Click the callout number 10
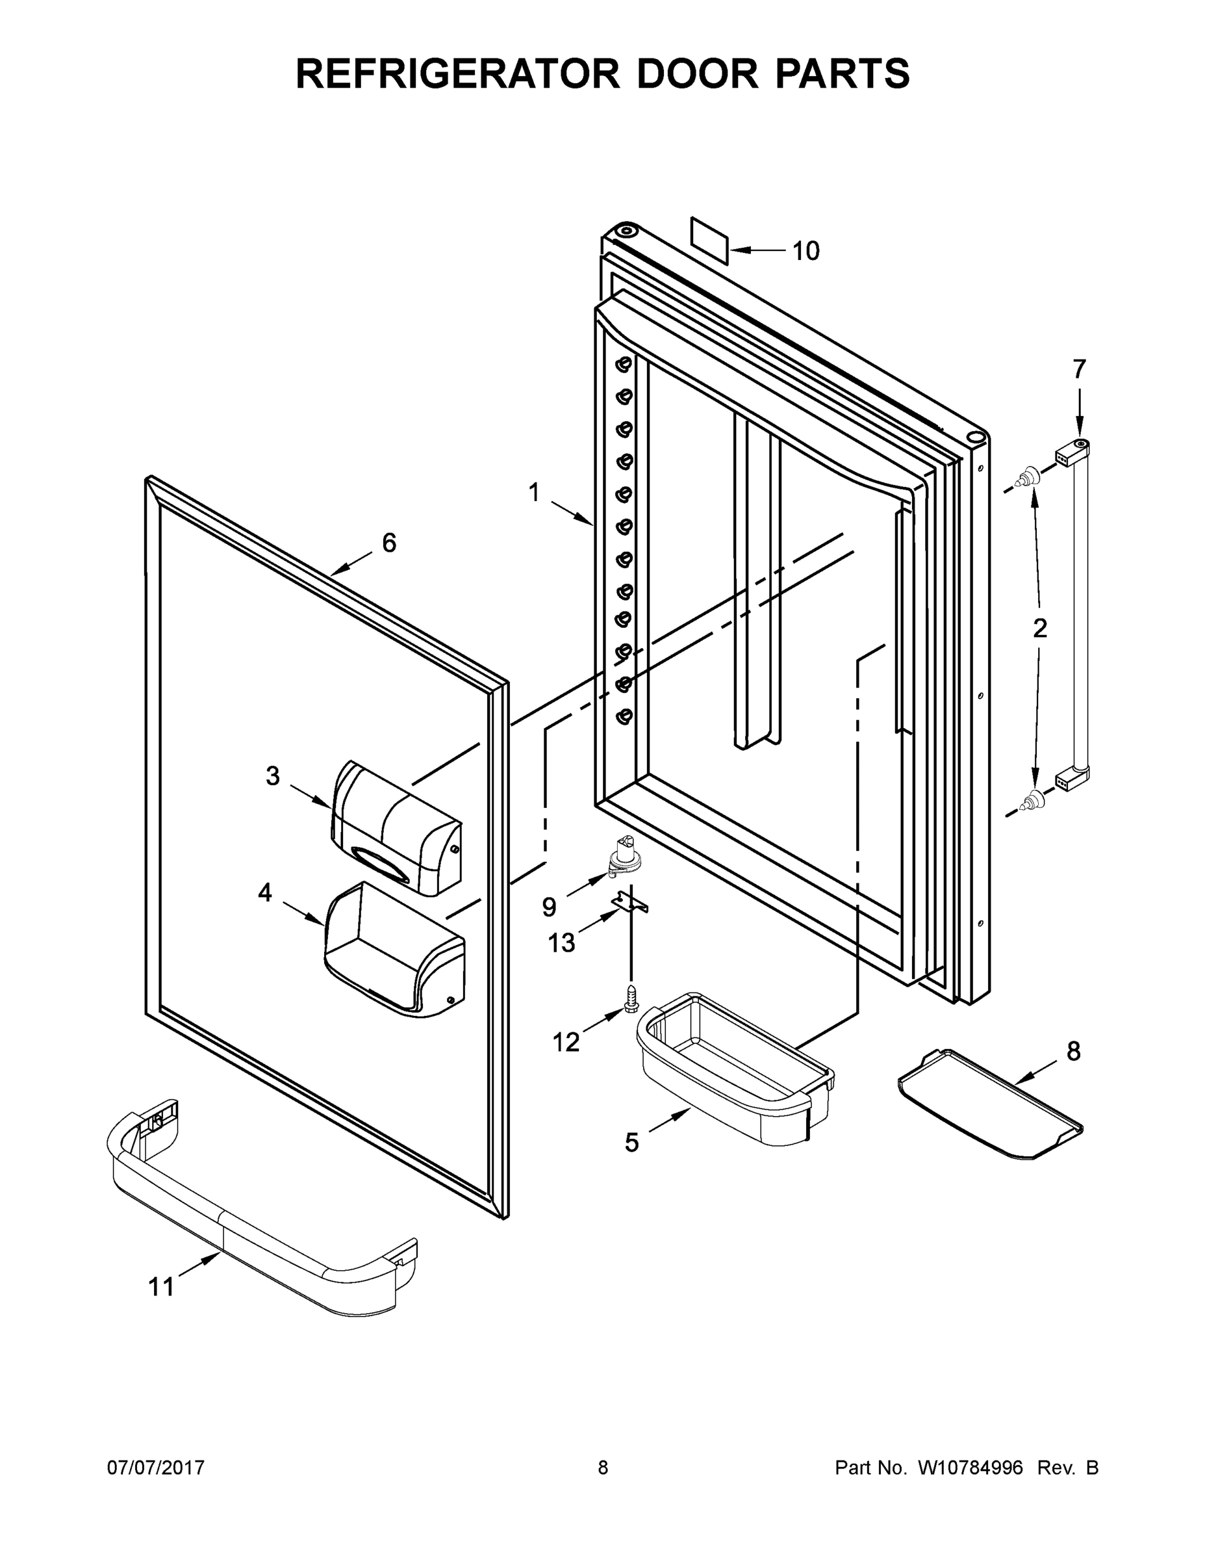pos(806,251)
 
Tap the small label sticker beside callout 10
pos(709,241)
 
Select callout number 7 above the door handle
pos(1078,369)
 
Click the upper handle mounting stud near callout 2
pos(1030,476)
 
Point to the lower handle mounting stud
pos(1030,801)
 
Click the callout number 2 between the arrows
pos(1040,628)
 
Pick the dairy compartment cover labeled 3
pos(397,828)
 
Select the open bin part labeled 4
pos(395,950)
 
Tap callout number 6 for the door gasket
pos(389,543)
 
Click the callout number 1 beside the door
pos(534,492)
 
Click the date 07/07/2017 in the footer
pos(156,1467)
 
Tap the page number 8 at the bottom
pos(603,1467)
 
